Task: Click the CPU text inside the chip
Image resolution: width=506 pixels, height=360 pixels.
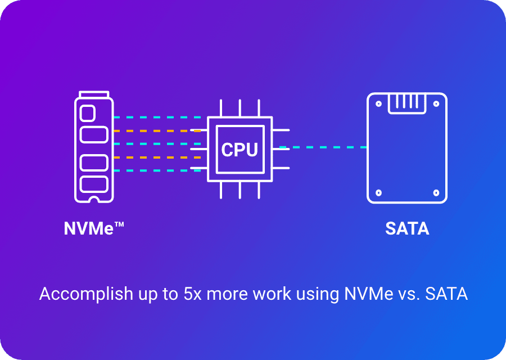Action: pos(240,150)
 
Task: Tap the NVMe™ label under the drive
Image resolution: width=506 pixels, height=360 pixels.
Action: pos(93,229)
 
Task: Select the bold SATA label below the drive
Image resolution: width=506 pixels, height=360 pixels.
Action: pos(407,229)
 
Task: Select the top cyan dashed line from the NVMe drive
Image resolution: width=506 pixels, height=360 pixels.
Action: pos(157,118)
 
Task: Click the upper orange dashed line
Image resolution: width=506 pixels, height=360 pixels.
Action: pos(157,131)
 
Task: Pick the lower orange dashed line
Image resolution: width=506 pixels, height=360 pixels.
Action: pos(157,157)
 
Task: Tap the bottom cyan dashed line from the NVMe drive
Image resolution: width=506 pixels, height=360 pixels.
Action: pos(157,170)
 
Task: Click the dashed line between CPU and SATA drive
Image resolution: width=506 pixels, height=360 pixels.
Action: pos(323,147)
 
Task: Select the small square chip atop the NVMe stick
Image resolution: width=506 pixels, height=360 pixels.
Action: pos(88,113)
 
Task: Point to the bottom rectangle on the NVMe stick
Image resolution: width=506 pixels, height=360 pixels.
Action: pos(94,184)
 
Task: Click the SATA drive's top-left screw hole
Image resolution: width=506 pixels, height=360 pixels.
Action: pos(379,103)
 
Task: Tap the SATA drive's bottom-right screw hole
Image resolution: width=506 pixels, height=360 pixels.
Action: pos(436,192)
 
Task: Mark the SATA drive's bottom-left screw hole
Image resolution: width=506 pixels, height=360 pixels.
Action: pos(379,192)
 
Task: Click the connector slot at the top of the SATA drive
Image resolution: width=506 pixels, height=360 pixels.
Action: pos(407,102)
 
